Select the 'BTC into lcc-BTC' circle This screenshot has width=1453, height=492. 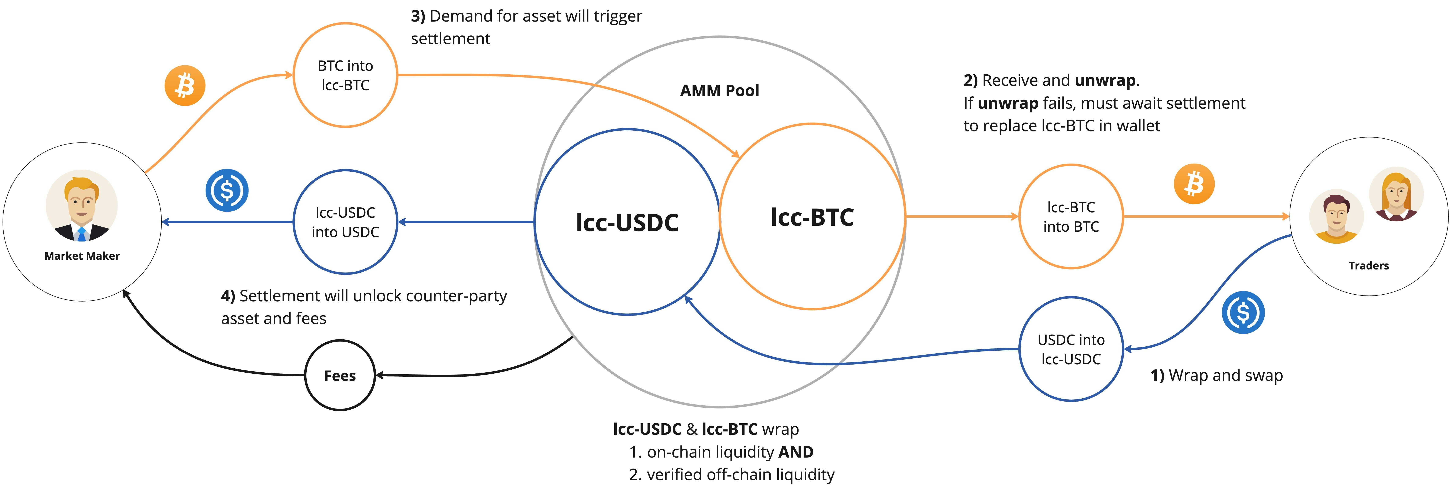pyautogui.click(x=345, y=75)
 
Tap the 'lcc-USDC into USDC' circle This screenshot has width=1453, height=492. pyautogui.click(x=345, y=222)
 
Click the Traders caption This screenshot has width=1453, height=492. pyautogui.click(x=1368, y=265)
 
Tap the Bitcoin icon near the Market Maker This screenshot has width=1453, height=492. pyautogui.click(x=184, y=86)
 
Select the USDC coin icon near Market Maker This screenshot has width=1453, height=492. pyautogui.click(x=227, y=190)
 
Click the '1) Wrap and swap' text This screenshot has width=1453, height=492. pyautogui.click(x=1217, y=375)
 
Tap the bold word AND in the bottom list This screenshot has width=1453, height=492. pyautogui.click(x=795, y=452)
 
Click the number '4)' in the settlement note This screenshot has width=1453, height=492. pyautogui.click(x=228, y=296)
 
